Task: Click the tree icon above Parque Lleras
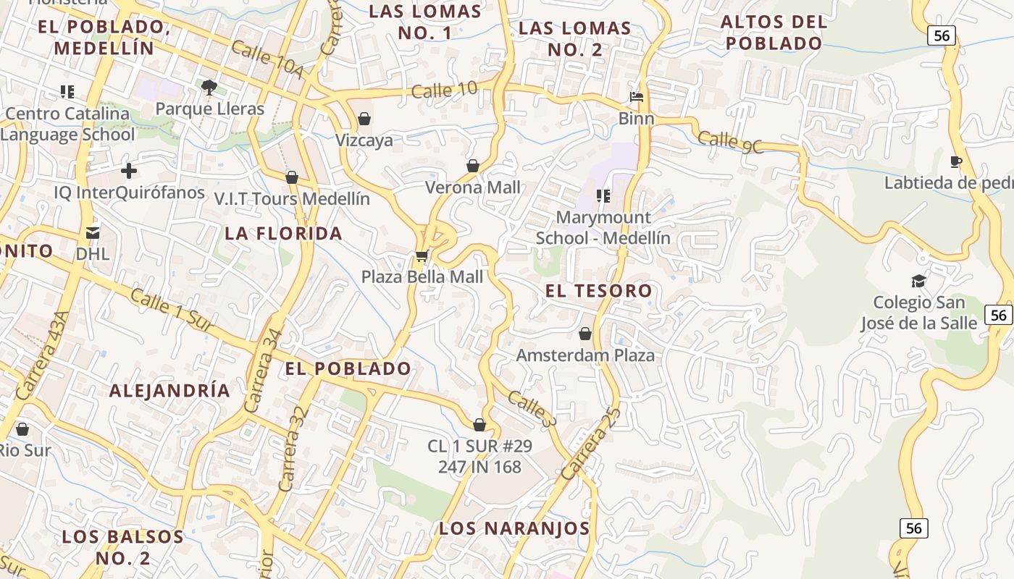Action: pos(209,88)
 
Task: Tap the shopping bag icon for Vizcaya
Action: pos(364,119)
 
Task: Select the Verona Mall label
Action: pos(472,187)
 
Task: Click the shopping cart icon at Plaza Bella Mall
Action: pos(422,255)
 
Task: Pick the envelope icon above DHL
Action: pos(93,233)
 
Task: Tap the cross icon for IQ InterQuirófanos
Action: pos(129,171)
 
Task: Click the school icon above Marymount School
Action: pos(603,195)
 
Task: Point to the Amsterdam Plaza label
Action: pos(585,355)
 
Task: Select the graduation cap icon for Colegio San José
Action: pos(918,281)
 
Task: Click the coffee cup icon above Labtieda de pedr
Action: pos(956,161)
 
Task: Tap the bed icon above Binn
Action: pos(637,97)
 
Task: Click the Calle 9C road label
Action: pos(731,141)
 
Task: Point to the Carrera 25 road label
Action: pos(591,444)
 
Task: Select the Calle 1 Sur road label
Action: pos(172,310)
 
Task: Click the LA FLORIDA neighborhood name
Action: pos(283,233)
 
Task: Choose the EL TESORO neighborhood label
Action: pos(598,291)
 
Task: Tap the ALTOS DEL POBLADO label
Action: pos(774,33)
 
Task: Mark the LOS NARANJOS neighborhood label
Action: pos(514,528)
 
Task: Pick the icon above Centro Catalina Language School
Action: pos(67,92)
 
